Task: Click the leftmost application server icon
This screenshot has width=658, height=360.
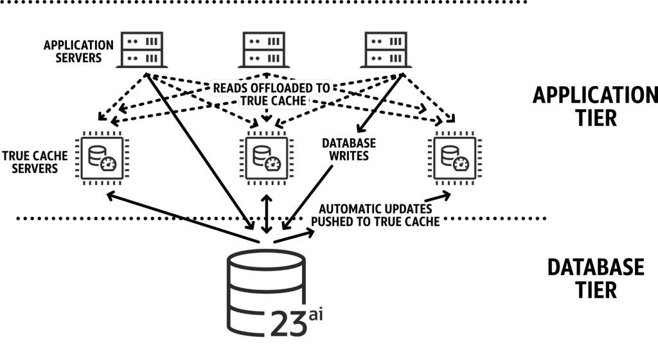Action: tap(141, 50)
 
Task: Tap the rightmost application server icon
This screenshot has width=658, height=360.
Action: tap(388, 50)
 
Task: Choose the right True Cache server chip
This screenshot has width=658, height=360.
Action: tap(452, 157)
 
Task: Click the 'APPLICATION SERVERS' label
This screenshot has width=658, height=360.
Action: tap(78, 51)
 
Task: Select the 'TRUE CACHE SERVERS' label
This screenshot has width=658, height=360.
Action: tap(30, 162)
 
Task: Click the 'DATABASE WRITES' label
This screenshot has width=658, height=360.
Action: tap(348, 149)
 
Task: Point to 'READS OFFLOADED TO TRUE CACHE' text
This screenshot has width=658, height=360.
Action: tap(271, 94)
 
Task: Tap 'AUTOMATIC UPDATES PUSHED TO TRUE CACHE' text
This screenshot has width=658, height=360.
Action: tap(375, 215)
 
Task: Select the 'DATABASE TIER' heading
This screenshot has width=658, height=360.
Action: tap(595, 278)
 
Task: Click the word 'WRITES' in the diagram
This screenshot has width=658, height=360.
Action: tap(348, 156)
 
